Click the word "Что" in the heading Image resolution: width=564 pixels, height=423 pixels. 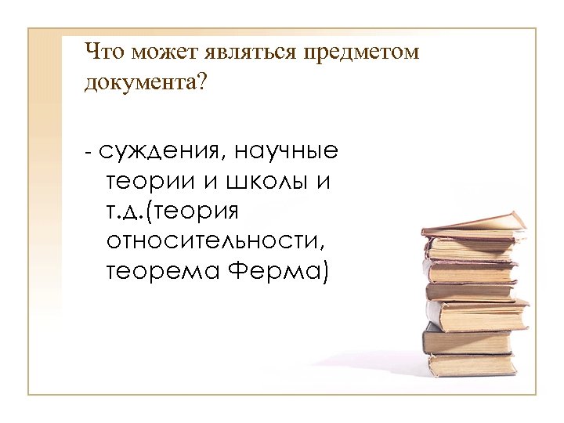(105, 52)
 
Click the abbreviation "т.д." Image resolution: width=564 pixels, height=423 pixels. (127, 211)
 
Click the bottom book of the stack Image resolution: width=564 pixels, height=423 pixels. (470, 364)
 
